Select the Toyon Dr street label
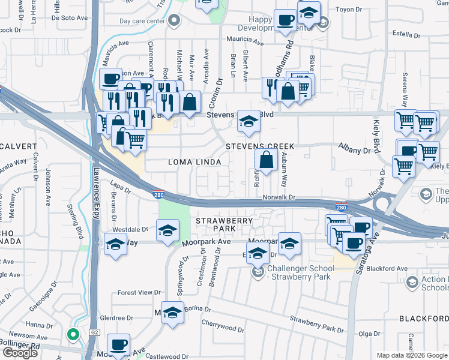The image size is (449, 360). click(x=351, y=10)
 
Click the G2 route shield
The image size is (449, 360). click(x=94, y=332)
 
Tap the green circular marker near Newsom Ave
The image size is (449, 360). click(x=73, y=335)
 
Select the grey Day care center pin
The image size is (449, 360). click(x=174, y=22)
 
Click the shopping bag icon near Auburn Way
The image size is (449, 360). click(x=265, y=160)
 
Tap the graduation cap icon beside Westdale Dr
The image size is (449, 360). click(x=167, y=230)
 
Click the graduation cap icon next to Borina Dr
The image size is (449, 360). click(x=172, y=313)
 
